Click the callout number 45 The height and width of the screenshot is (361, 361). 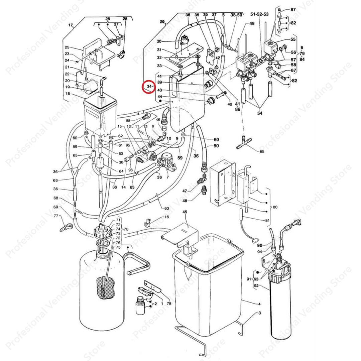[185, 212]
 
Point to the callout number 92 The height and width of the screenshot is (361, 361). [256, 286]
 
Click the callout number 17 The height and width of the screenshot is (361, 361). [71, 25]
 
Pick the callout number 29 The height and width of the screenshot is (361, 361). [162, 22]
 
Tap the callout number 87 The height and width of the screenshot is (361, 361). [293, 10]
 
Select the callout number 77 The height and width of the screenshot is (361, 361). [56, 216]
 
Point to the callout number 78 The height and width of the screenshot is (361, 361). [169, 303]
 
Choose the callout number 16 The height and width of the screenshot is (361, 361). [166, 217]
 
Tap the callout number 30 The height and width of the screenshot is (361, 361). [159, 41]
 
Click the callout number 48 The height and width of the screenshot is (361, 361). [185, 201]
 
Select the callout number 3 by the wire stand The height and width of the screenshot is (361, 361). [259, 313]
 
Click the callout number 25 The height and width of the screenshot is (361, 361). [67, 47]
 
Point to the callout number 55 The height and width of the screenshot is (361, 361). [293, 39]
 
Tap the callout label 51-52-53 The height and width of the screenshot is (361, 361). [259, 14]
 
